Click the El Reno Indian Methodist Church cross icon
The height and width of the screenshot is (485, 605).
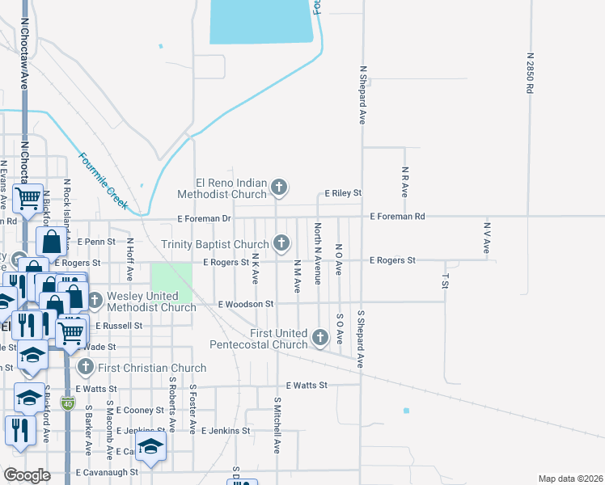(x=279, y=188)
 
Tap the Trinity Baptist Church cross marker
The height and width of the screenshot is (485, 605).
(x=281, y=242)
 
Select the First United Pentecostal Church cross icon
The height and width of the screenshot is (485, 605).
(x=320, y=337)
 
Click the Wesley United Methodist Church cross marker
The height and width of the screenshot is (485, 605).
(x=95, y=300)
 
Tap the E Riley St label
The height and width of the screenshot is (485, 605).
(x=343, y=194)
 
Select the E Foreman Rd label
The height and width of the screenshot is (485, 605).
(x=397, y=217)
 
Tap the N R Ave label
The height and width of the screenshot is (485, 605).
(x=404, y=182)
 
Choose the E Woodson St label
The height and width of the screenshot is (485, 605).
(x=247, y=305)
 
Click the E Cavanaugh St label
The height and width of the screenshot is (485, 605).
(x=107, y=472)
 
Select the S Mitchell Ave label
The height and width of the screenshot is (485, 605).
(x=277, y=424)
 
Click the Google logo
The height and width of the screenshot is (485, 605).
(x=27, y=475)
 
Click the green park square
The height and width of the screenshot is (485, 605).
(x=171, y=283)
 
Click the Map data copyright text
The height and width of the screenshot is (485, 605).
(x=569, y=479)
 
